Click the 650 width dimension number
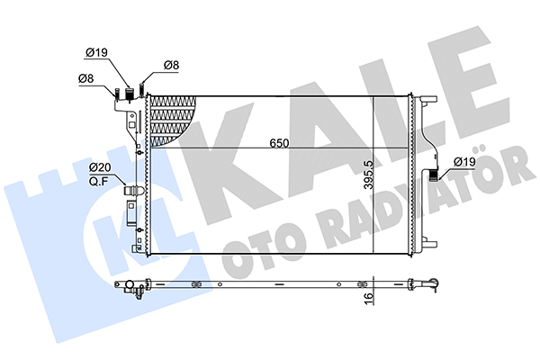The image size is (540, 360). point(279,143)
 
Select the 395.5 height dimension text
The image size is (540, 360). point(369,175)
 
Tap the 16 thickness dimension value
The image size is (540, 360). point(368,296)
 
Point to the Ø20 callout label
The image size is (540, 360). point(100,167)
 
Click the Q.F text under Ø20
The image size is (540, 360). point(98,182)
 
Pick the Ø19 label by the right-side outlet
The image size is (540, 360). point(464,162)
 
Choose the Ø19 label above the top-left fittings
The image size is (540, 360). point(96,53)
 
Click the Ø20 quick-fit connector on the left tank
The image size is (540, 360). point(132,191)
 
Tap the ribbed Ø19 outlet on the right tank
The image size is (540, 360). point(434,175)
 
